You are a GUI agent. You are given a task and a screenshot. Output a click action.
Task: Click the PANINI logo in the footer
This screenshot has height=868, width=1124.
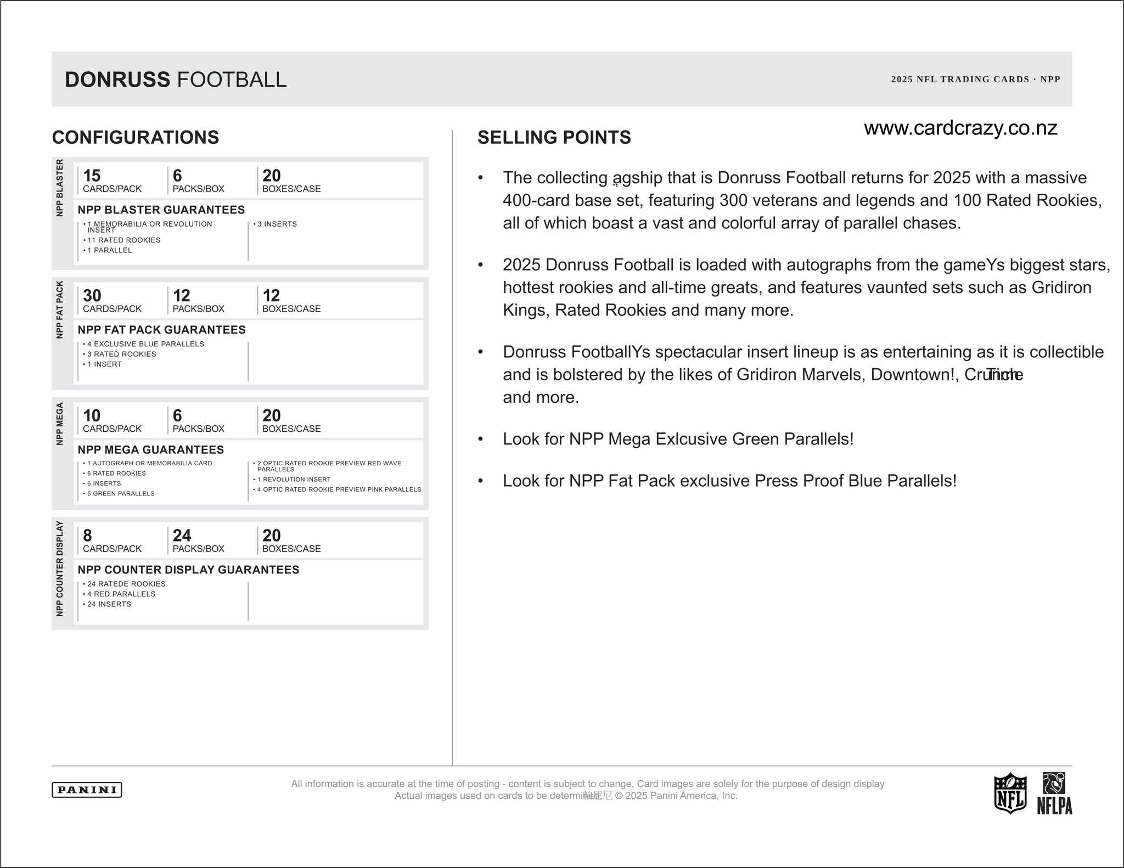coord(87,790)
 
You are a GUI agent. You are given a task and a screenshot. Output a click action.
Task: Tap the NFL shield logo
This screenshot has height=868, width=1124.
coord(1010,793)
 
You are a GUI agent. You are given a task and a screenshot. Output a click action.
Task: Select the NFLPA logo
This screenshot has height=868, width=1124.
coord(1054,793)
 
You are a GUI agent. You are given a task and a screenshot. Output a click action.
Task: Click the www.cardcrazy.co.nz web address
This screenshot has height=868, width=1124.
coord(960,128)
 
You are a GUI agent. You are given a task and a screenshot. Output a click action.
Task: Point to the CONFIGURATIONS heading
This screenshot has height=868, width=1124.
coord(136,137)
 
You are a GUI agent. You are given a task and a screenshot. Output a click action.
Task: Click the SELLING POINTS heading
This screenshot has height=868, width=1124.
coord(554,137)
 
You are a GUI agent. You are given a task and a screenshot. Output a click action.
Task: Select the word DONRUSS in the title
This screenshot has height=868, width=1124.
coord(117,80)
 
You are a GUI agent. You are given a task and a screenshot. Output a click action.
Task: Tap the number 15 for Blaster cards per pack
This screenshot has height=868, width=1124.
coord(92,176)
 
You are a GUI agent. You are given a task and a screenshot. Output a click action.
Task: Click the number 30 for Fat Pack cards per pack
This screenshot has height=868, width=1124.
coord(92,296)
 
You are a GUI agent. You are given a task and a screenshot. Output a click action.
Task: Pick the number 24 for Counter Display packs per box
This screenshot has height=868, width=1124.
coord(182,536)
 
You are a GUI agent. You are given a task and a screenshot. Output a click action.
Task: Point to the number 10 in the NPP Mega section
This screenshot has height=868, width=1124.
coord(92,416)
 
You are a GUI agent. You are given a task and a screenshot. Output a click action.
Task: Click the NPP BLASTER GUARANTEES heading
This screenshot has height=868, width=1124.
coord(161,210)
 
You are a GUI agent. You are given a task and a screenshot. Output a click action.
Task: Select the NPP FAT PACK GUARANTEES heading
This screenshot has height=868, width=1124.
coord(161,330)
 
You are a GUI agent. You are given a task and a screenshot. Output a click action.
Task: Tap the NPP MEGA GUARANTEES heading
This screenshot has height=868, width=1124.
coord(151,450)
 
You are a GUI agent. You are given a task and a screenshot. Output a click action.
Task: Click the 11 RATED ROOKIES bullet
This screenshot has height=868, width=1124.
coord(123,240)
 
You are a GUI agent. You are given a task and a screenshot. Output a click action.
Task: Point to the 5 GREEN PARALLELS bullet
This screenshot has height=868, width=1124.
coord(120,494)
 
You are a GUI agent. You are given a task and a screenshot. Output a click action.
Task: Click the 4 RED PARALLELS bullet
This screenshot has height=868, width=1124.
coord(121,594)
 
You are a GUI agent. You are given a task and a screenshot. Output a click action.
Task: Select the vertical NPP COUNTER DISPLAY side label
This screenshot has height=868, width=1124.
coord(60,568)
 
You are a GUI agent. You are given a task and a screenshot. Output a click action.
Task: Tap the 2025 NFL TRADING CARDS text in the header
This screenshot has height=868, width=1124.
coord(960,80)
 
